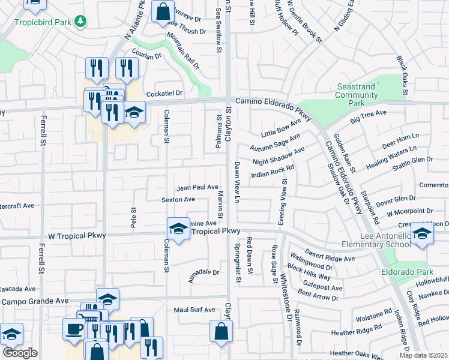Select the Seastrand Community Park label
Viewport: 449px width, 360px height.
click(x=357, y=95)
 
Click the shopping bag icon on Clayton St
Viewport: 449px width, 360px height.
click(x=221, y=329)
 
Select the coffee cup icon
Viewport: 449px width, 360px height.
click(x=74, y=329)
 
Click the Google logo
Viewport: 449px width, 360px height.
click(x=20, y=353)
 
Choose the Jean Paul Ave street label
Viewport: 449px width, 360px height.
click(x=197, y=187)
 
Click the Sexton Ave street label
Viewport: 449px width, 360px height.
click(x=178, y=199)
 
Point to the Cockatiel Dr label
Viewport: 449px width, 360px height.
click(x=164, y=94)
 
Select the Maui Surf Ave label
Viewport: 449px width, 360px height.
click(x=194, y=310)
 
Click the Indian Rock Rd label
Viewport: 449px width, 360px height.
click(x=272, y=172)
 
